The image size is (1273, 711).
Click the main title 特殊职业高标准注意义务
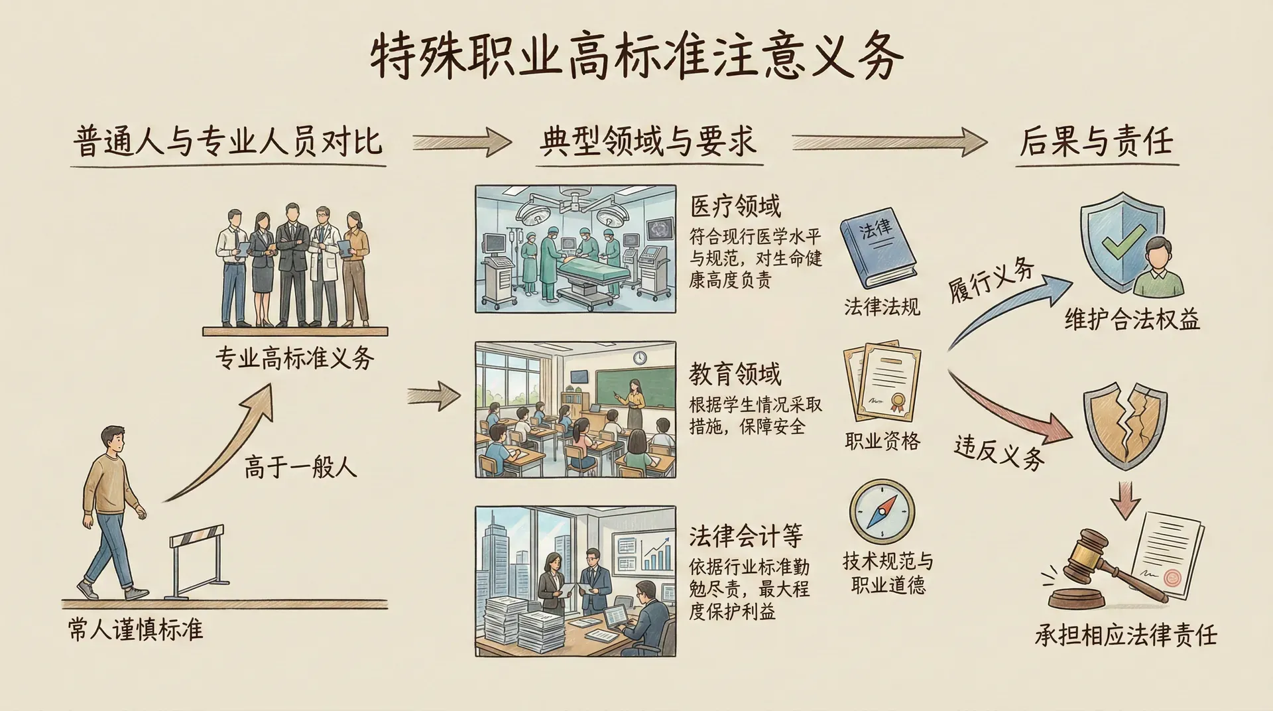pyautogui.click(x=636, y=56)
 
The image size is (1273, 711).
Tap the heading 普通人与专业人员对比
pyautogui.click(x=228, y=142)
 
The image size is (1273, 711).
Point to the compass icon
pyautogui.click(x=882, y=513)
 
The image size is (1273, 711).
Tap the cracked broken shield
pyautogui.click(x=1124, y=424)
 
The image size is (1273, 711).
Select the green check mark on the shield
pyautogui.click(x=1122, y=241)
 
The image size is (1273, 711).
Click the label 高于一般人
pyautogui.click(x=300, y=467)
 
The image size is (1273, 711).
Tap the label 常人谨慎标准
pyautogui.click(x=135, y=629)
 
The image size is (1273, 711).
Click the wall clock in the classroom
pyautogui.click(x=639, y=357)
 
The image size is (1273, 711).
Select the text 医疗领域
pyautogui.click(x=735, y=206)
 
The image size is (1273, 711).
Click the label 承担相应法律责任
pyautogui.click(x=1126, y=635)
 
